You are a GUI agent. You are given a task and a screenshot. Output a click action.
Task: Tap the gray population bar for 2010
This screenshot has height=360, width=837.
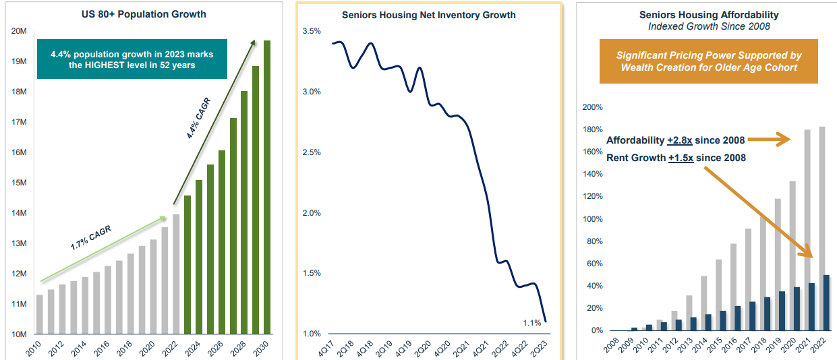[x=39, y=314]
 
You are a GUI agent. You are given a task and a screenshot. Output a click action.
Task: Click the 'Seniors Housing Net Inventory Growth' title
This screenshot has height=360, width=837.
[x=428, y=14]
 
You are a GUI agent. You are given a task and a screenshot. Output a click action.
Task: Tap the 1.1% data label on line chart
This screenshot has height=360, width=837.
[x=531, y=323]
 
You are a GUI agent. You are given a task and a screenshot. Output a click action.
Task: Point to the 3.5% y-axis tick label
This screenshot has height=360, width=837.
[x=312, y=32]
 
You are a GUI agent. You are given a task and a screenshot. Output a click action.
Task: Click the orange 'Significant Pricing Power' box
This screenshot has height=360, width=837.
[x=708, y=61]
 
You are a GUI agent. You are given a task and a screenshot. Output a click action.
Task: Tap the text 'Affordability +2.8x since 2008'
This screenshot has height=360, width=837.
[x=675, y=140]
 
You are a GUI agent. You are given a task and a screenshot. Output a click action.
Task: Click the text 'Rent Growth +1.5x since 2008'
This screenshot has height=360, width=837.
[x=675, y=158]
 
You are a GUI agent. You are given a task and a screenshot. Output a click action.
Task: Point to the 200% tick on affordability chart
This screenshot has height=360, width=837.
[x=591, y=108]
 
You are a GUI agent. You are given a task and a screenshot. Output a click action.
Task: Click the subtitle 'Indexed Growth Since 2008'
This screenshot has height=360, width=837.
[x=709, y=26]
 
